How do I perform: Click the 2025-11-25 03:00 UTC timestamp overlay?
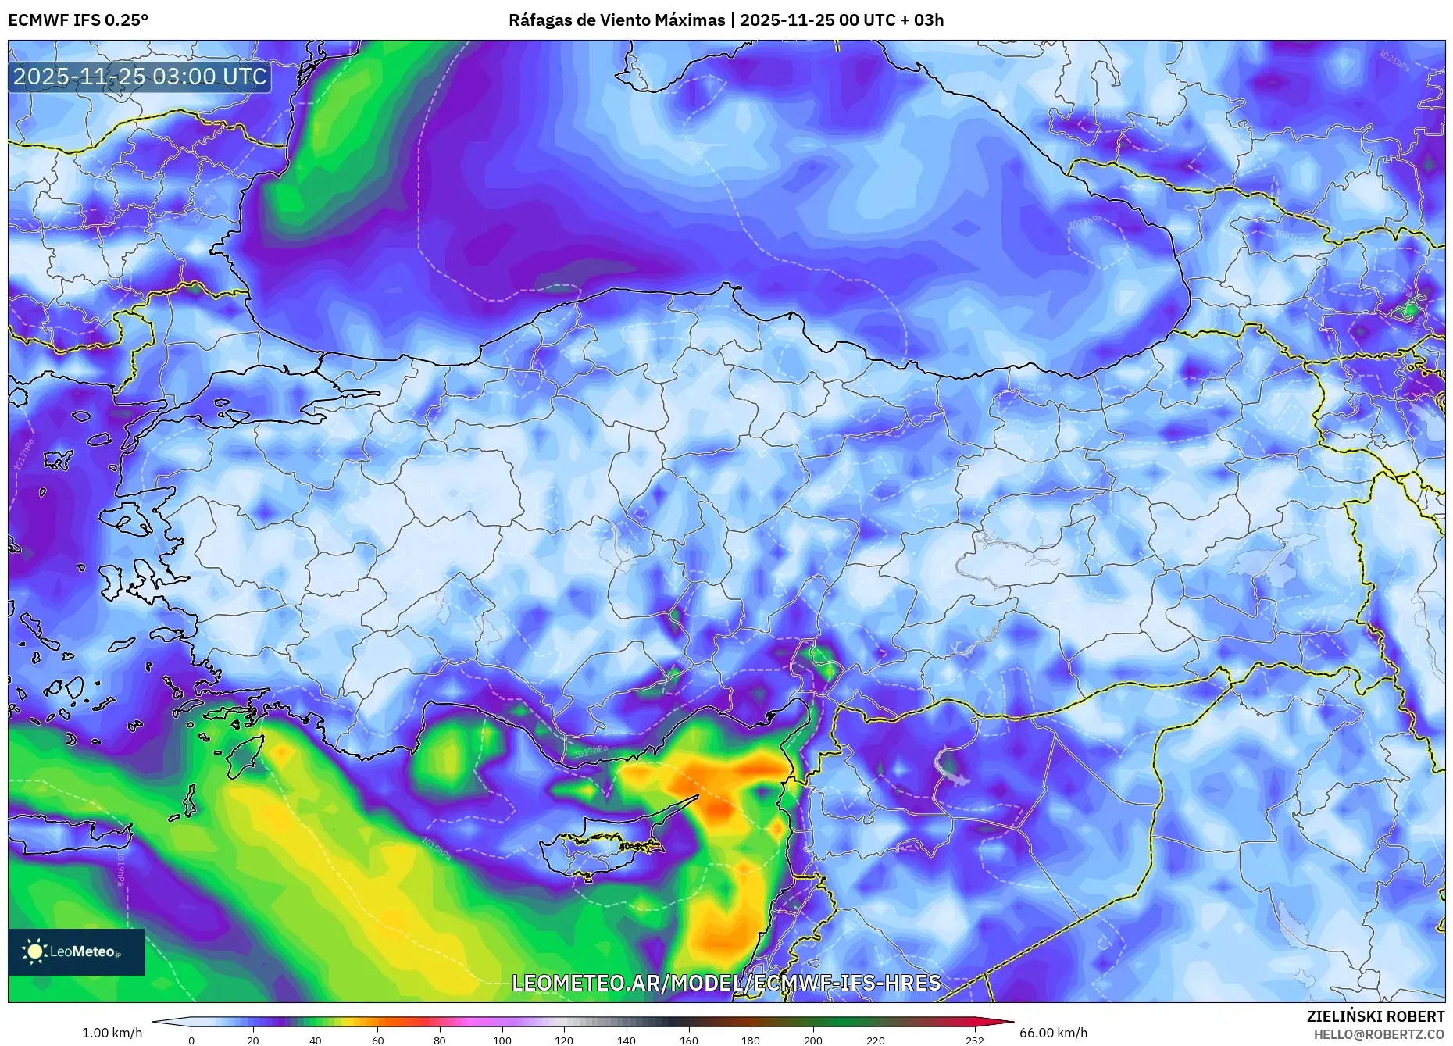pos(140,77)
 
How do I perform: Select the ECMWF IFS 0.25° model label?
pos(78,20)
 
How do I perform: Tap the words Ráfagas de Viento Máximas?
pos(616,20)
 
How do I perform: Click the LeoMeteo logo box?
pos(77,951)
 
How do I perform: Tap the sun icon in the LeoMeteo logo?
pos(35,951)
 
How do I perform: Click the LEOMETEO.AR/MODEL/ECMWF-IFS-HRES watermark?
pos(726,983)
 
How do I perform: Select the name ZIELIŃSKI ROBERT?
pos(1375,1016)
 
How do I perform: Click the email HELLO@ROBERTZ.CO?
pos(1379,1034)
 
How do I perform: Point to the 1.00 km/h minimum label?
pos(112,1033)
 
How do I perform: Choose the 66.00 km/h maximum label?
pos(1053,1033)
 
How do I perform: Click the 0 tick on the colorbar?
pos(191,1041)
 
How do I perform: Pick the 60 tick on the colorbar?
pos(378,1041)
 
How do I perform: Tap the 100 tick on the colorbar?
pos(502,1041)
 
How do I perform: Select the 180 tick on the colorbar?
pos(751,1041)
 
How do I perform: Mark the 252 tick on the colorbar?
pos(974,1041)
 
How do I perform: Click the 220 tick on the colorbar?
pos(875,1041)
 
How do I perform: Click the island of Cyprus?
pos(605,848)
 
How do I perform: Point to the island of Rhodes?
pos(244,755)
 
